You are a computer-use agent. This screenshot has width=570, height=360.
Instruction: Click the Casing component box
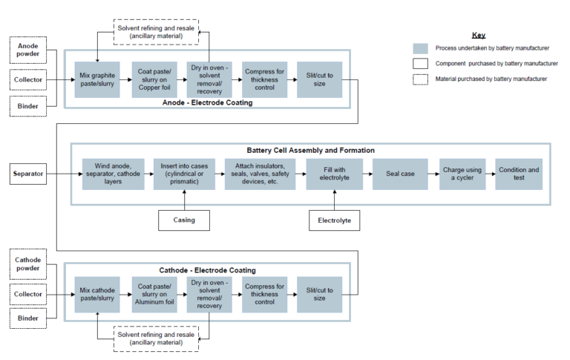(183, 220)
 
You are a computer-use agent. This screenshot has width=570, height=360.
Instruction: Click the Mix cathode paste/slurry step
(96, 293)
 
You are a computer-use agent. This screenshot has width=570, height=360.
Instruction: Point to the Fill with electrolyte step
(334, 174)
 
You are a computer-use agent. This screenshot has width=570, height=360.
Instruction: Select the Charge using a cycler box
(462, 174)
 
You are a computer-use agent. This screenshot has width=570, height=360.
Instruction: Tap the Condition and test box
(519, 174)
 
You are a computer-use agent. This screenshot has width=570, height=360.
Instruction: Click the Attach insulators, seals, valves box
(260, 174)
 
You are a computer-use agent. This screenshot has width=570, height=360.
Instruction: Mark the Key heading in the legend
(479, 35)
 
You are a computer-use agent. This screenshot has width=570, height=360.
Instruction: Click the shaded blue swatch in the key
(420, 48)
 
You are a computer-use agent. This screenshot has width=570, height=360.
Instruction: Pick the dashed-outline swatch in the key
(420, 79)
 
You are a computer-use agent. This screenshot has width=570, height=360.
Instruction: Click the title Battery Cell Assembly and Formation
(310, 150)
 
